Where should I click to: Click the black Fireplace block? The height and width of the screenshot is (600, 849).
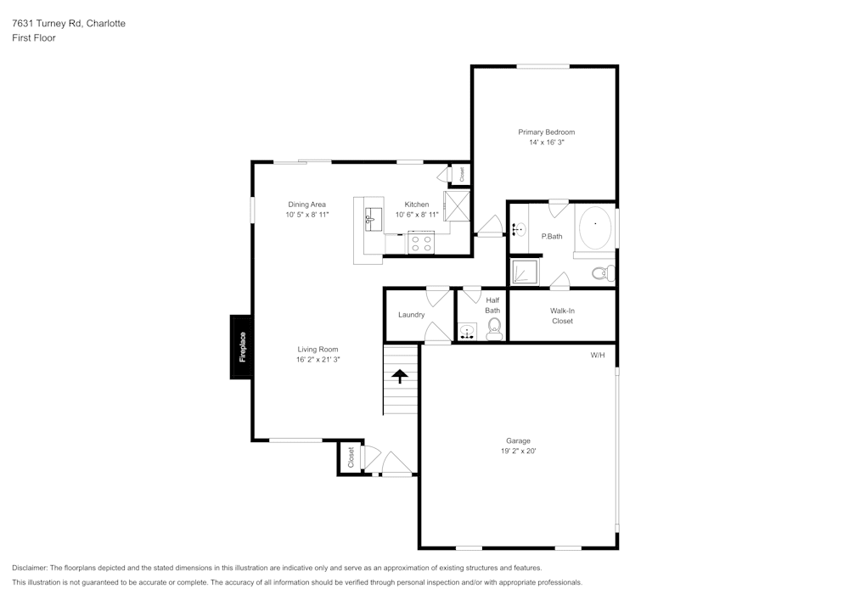click(241, 347)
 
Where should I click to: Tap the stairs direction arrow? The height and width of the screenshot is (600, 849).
click(400, 376)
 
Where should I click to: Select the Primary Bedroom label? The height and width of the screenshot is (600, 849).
click(546, 132)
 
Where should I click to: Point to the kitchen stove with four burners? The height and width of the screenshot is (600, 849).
click(420, 243)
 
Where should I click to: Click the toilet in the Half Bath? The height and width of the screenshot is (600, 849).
click(494, 330)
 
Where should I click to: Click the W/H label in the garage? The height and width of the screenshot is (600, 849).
click(598, 355)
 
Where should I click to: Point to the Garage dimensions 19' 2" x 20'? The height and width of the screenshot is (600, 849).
click(518, 451)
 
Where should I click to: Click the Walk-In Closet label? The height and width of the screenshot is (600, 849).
click(562, 316)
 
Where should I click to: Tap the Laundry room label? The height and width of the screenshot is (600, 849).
click(412, 315)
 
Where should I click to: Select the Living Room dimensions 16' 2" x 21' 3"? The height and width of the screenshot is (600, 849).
click(318, 360)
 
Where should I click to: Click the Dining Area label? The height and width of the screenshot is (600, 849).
click(306, 205)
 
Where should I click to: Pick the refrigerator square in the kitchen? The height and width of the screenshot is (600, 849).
click(456, 206)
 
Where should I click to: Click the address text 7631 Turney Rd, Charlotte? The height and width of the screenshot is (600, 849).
click(69, 24)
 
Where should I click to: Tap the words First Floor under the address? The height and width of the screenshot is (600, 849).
click(34, 38)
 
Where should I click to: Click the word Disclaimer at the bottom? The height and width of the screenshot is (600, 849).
click(30, 568)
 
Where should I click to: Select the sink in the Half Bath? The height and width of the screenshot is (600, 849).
click(467, 332)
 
